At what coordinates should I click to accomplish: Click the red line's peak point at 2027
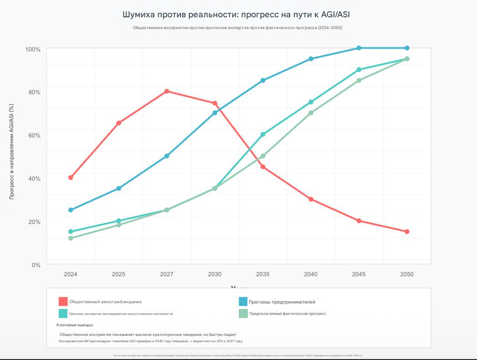167,91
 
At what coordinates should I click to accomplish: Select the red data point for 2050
407,232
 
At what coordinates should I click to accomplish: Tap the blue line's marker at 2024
71,210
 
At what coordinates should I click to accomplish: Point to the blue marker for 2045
359,48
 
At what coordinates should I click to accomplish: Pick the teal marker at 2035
263,134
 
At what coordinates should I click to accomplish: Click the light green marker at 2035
263,156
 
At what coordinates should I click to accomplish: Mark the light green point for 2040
311,113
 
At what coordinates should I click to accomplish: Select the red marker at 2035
263,167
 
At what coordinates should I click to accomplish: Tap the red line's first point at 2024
71,177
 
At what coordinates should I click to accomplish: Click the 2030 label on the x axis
215,274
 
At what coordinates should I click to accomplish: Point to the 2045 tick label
359,274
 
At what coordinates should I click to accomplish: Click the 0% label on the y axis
36,265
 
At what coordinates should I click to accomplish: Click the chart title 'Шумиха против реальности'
236,15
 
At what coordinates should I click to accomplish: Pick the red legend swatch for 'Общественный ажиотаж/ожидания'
63,301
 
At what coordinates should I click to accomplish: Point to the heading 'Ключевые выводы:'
75,325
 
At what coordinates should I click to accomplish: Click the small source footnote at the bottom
237,355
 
